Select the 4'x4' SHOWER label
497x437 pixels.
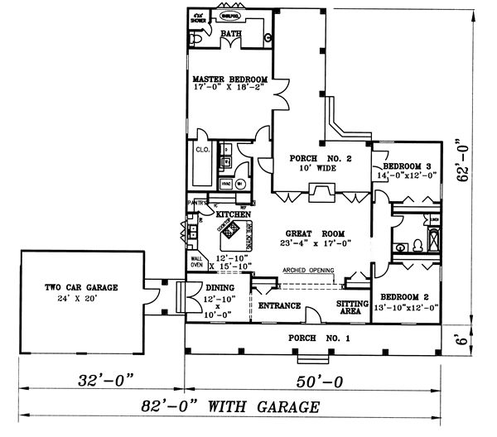coord(199,16)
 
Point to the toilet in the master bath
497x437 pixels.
coord(196,38)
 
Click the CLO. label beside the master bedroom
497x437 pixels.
coord(201,150)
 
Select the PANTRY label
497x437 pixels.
coord(196,202)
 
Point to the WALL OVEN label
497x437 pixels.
coord(197,259)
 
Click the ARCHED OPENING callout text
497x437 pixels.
coord(307,270)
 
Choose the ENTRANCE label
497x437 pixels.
coord(279,305)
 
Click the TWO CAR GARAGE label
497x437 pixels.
coord(82,287)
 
